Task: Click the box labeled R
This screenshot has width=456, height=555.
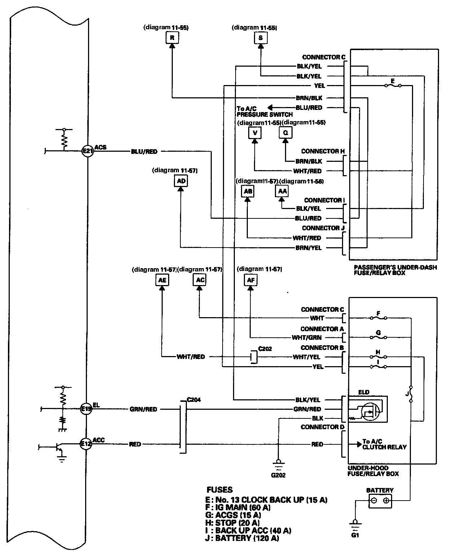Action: point(172,37)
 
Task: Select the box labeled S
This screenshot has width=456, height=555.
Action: point(260,37)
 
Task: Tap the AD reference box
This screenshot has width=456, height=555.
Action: point(181,181)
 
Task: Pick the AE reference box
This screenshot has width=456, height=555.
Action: point(162,280)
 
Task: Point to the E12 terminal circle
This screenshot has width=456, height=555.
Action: point(86,444)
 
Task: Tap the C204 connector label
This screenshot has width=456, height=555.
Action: point(194,399)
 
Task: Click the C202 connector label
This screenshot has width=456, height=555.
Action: point(265,349)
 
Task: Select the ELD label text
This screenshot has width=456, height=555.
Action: point(364,392)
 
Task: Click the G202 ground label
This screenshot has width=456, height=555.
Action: point(278,475)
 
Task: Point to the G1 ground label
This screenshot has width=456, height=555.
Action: point(355,535)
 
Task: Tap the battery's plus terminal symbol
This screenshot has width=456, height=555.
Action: point(386,500)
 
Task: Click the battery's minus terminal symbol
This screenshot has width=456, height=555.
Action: point(374,500)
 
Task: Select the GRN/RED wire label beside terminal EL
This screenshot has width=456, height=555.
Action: point(143,409)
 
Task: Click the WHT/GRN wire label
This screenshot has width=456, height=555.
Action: point(306,338)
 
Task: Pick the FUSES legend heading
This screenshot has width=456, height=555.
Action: point(219,490)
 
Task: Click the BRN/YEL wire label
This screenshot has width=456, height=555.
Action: point(309,248)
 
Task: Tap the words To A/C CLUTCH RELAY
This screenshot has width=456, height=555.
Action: point(384,444)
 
